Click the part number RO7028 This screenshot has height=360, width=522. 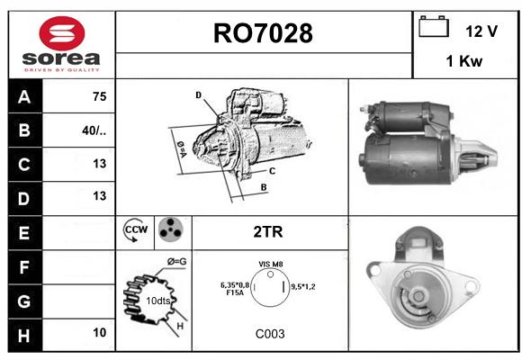click(263, 33)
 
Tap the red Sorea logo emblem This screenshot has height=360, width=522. click(62, 33)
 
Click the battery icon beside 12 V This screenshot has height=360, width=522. click(434, 26)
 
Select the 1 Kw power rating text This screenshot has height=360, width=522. click(464, 61)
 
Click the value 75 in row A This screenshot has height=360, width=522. click(100, 96)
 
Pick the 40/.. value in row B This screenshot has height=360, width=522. click(94, 130)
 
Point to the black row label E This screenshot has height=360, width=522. click(24, 233)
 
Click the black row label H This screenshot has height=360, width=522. click(24, 336)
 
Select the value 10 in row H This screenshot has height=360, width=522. click(100, 332)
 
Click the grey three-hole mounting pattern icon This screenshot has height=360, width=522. click(171, 229)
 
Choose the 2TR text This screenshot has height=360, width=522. click(268, 232)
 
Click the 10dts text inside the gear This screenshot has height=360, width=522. click(158, 301)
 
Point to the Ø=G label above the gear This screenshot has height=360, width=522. click(176, 262)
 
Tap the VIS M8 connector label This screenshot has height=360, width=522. click(271, 264)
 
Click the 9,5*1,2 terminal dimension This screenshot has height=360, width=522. click(303, 286)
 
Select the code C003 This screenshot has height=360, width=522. click(270, 334)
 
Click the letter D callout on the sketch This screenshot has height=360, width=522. click(198, 95)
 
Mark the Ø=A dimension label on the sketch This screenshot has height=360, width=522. click(182, 150)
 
